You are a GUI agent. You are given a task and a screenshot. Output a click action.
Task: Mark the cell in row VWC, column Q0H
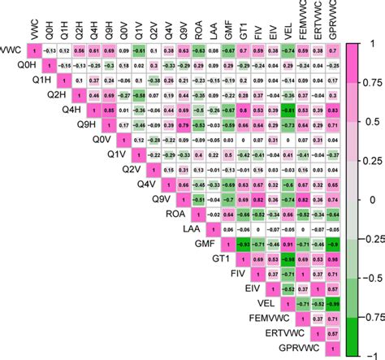(x=48, y=50)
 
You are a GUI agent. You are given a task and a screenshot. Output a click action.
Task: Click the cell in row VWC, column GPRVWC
(x=333, y=50)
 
